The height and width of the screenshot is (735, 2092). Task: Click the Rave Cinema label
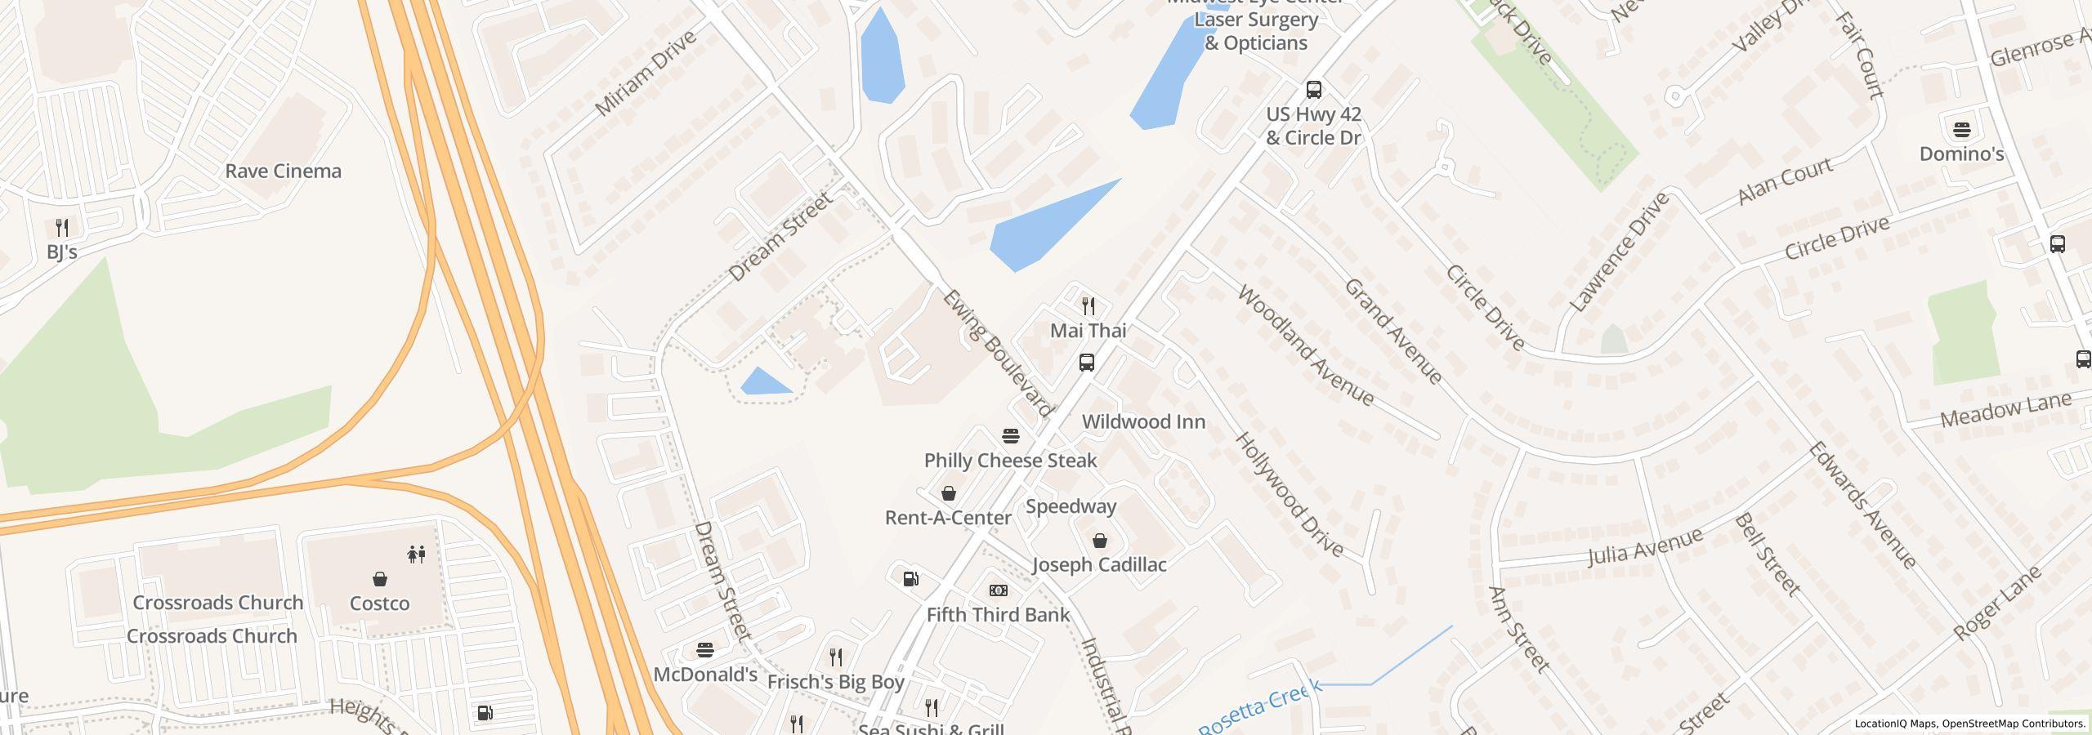283,171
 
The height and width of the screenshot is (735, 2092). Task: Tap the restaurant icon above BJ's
62,227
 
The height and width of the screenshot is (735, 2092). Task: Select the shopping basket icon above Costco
379,579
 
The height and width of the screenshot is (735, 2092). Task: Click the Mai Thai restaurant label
1088,331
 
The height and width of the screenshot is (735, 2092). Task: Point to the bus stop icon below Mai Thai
1086,363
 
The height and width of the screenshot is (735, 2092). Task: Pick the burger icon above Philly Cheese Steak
1011,435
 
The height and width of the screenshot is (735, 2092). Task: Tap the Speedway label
1071,506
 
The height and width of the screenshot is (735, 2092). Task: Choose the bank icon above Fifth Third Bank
998,590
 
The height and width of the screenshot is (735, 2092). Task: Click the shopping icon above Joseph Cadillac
1099,541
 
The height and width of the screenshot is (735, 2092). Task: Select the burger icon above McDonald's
705,650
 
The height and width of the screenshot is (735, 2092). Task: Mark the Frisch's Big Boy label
835,683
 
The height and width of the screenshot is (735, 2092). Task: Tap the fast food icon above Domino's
1961,130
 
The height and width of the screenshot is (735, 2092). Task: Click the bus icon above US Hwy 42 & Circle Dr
1313,90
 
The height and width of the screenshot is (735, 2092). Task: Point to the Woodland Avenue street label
1305,345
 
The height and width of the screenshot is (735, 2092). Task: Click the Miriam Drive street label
645,73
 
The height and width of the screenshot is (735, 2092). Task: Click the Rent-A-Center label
948,518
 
